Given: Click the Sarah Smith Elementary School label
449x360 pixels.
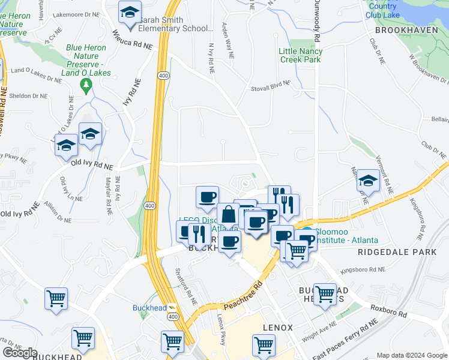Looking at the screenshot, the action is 176,28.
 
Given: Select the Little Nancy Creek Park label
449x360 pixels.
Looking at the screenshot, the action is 300,55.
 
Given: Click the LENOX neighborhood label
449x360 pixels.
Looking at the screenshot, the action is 277,328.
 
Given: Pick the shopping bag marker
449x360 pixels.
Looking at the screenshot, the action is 229,214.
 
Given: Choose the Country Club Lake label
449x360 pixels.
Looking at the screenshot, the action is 382,10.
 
